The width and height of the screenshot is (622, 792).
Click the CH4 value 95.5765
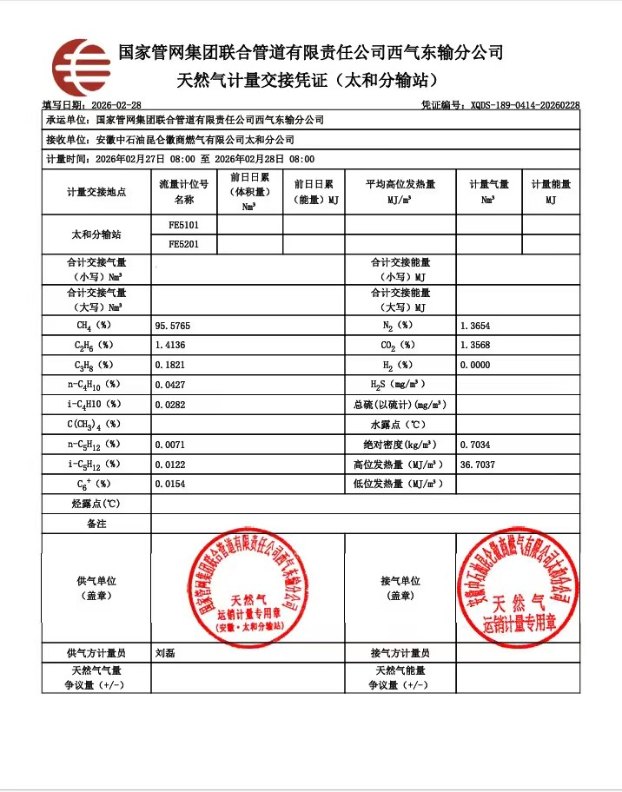pyautogui.click(x=172, y=326)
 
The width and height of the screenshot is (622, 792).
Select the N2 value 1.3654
pyautogui.click(x=474, y=326)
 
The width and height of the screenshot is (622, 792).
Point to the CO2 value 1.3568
pyautogui.click(x=474, y=346)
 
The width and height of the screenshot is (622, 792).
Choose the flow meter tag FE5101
pyautogui.click(x=183, y=225)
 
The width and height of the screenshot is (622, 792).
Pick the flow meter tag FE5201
pyautogui.click(x=183, y=245)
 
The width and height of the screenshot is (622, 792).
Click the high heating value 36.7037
pyautogui.click(x=477, y=465)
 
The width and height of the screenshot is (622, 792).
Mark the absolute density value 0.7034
pyautogui.click(x=474, y=445)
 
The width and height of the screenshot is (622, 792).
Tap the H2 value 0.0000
pyautogui.click(x=474, y=366)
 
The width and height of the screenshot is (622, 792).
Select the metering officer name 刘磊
pyautogui.click(x=164, y=653)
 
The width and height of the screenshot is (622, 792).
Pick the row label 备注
pyautogui.click(x=96, y=524)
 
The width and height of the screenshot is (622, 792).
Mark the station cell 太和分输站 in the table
pyautogui.click(x=96, y=234)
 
